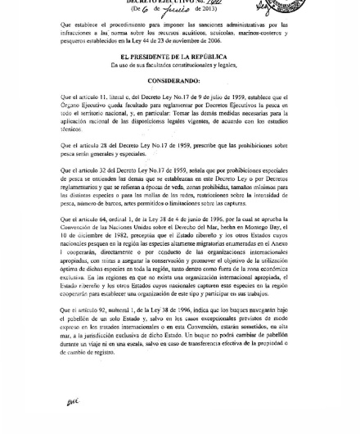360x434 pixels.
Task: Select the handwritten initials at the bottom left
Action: click(x=71, y=401)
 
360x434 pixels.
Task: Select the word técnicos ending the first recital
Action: click(x=71, y=129)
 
